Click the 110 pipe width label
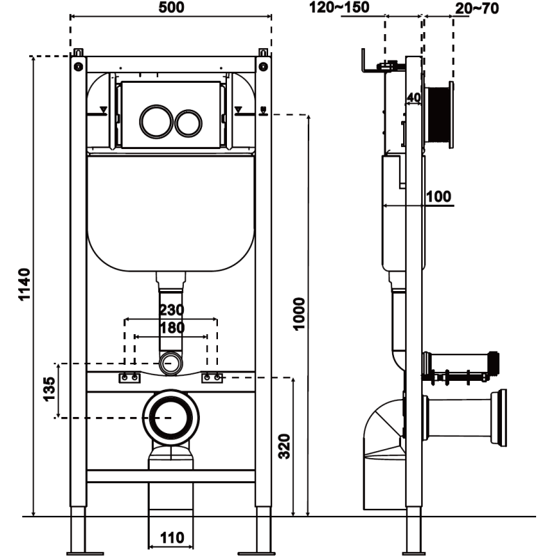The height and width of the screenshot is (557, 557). [171, 538]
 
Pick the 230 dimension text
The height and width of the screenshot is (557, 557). [171, 310]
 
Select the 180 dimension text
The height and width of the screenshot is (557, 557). [171, 327]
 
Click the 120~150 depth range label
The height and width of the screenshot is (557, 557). [340, 8]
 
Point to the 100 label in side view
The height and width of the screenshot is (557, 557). [439, 196]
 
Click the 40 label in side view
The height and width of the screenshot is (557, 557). [414, 97]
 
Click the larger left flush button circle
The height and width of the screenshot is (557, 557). [153, 121]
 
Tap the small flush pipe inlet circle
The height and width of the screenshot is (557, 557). [171, 362]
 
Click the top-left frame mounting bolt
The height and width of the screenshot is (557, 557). [77, 66]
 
